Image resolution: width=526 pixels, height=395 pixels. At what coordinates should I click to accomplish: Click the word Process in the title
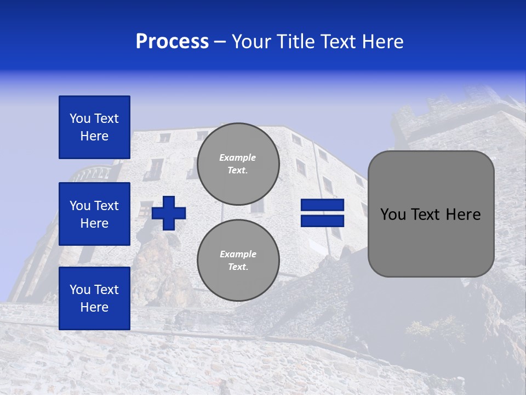tap(172, 42)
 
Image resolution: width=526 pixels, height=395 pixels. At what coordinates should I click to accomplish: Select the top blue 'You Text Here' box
tap(94, 127)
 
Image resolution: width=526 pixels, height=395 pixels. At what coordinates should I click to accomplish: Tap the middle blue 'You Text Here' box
tap(94, 214)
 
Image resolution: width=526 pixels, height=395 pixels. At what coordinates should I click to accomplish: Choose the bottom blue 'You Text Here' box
tap(94, 298)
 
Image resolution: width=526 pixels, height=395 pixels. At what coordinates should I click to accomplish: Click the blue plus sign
tap(169, 213)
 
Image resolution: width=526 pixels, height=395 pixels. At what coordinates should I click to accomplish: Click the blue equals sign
tap(322, 213)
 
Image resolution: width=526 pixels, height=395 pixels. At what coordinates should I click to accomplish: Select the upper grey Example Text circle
tap(238, 163)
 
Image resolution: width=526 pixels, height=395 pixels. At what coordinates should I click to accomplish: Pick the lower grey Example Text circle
tap(238, 260)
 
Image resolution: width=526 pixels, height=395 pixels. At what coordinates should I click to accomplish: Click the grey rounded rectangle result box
tap(431, 213)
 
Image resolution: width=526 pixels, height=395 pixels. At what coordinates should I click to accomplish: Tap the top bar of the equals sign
tap(322, 205)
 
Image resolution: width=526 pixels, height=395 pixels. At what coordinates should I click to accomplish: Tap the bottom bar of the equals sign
tap(322, 221)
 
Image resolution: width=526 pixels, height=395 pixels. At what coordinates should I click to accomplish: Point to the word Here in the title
tap(384, 42)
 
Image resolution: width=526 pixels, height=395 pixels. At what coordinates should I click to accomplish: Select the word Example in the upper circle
tap(238, 157)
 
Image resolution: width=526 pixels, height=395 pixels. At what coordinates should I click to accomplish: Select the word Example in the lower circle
tap(238, 254)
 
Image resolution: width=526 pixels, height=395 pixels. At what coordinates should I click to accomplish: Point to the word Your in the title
tap(251, 42)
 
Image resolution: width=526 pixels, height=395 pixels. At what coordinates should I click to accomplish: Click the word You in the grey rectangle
tap(393, 215)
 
